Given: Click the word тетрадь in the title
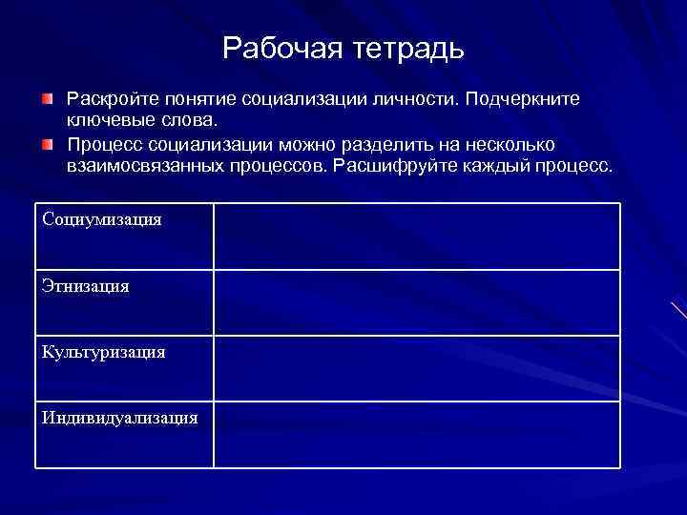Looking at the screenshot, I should point(405,49).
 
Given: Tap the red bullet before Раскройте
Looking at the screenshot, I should point(48,99).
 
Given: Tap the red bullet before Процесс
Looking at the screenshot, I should point(48,144).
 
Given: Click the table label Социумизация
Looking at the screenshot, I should point(102,219).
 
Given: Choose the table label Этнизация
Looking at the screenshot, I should point(86,286).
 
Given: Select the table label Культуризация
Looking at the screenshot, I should point(104,352).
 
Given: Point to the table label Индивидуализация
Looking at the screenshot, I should point(120,418).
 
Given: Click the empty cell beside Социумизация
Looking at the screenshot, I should point(416,236).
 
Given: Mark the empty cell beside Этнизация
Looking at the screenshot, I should point(416,302).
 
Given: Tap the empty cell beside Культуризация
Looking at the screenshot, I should point(416,368).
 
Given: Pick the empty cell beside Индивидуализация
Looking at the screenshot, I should point(416,434).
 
